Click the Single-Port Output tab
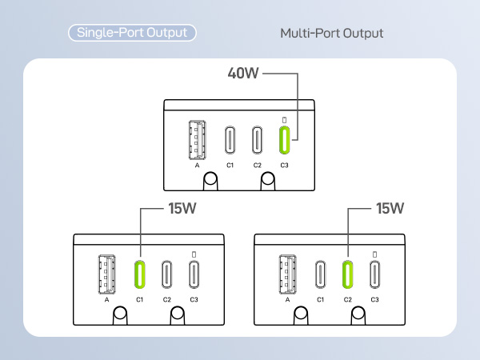click(132, 33)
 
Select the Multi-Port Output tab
click(332, 34)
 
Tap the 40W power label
click(243, 73)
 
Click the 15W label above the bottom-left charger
click(182, 209)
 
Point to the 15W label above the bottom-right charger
click(390, 209)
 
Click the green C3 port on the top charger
click(284, 140)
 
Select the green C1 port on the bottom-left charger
click(139, 274)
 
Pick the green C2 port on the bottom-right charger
click(347, 274)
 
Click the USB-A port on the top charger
click(197, 140)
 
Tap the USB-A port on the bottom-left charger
click(107, 274)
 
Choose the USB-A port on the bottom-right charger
click(287, 274)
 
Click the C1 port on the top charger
click(230, 140)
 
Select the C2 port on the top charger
click(257, 140)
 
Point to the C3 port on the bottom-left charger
click(194, 274)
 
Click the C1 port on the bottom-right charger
click(320, 274)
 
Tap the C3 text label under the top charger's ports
click(284, 166)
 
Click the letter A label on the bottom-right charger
click(287, 300)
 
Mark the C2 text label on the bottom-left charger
click(167, 300)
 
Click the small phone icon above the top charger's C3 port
click(284, 120)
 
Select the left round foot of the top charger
click(210, 181)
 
